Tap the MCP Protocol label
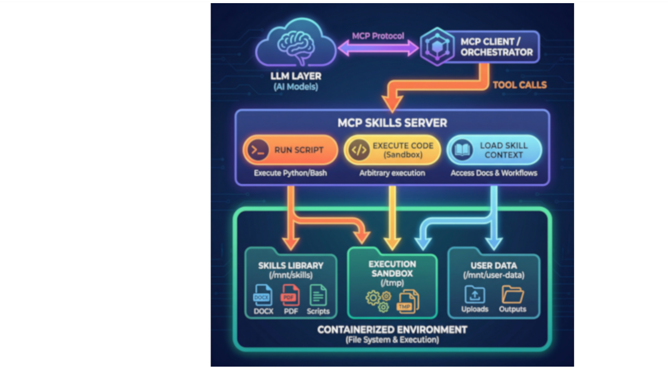[378, 36]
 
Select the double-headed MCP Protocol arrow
[378, 49]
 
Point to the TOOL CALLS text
[519, 85]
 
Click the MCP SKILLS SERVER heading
[392, 123]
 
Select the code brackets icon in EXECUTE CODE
[358, 150]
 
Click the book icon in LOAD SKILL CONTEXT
[462, 150]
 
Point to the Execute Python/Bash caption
[290, 173]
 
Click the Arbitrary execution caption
[392, 173]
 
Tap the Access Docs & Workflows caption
[494, 173]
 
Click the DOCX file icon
[263, 296]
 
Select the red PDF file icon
[290, 296]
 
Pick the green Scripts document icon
[318, 296]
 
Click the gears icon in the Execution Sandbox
[378, 300]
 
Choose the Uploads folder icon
[474, 295]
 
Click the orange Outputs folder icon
[512, 295]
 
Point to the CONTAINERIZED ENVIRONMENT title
[392, 330]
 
